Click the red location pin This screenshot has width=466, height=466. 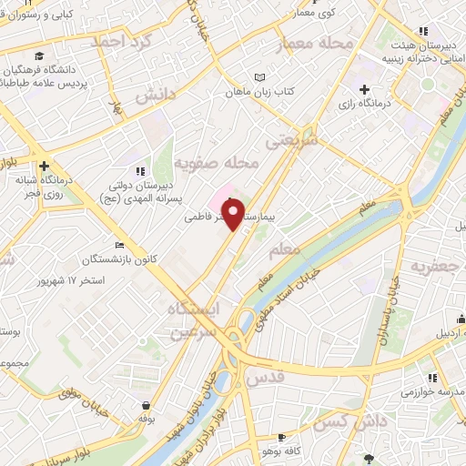[235, 214]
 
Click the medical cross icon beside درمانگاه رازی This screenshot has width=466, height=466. [365, 89]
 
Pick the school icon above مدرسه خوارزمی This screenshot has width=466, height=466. [433, 376]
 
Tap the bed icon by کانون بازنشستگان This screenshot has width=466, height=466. [119, 245]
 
